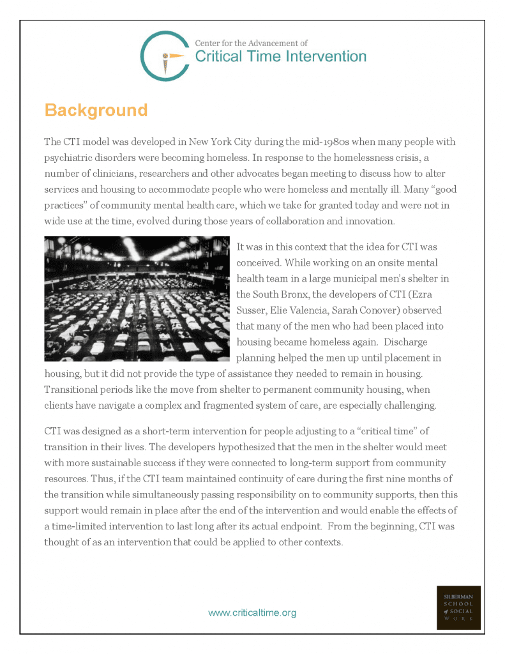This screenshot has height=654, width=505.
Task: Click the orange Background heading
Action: click(x=96, y=110)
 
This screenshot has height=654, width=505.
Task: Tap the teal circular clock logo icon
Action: click(x=164, y=56)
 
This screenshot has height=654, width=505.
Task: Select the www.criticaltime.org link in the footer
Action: click(x=252, y=612)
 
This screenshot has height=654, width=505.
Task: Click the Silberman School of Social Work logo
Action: click(x=458, y=607)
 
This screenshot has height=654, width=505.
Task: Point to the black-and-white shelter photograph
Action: click(x=137, y=299)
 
